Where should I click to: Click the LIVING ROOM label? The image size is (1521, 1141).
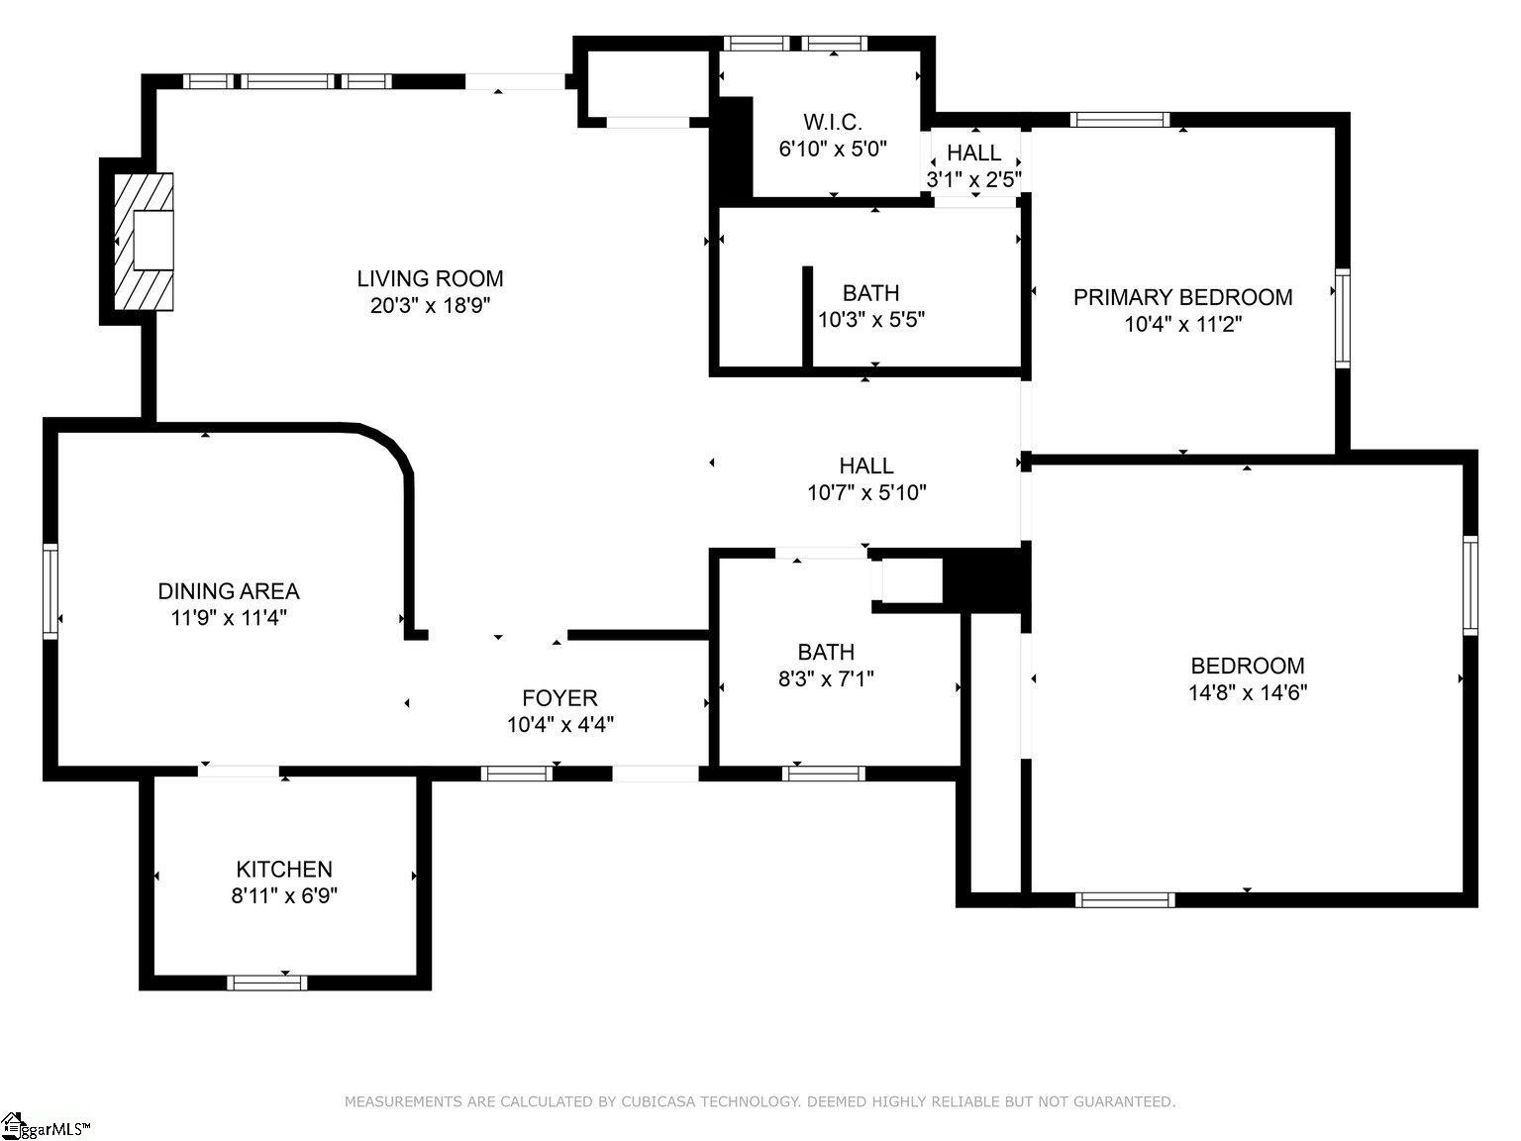tap(430, 278)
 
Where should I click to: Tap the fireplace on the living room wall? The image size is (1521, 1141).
tap(144, 241)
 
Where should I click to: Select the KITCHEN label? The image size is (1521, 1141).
tap(284, 869)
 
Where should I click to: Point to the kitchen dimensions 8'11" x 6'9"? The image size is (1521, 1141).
tap(284, 895)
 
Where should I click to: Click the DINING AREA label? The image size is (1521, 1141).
tap(229, 591)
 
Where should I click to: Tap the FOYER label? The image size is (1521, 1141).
tap(559, 697)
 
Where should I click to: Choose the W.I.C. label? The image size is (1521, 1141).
tap(833, 122)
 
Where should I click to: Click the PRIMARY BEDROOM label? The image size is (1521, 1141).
tap(1183, 297)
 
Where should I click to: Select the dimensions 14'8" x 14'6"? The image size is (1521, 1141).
tap(1248, 692)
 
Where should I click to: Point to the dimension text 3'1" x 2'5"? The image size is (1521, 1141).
tap(973, 179)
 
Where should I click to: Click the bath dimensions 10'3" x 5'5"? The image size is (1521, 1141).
tap(871, 319)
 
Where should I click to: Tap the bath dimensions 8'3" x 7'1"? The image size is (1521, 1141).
tap(826, 678)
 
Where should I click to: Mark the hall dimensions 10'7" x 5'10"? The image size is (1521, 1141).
tap(866, 492)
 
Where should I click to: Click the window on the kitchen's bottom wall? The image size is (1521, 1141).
tap(266, 983)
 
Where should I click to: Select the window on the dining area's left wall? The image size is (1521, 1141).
tap(50, 591)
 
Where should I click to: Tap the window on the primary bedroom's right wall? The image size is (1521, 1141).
tap(1342, 318)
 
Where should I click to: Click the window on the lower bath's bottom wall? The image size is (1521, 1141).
tap(824, 774)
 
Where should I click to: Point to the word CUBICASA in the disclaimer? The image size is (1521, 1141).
tap(653, 1100)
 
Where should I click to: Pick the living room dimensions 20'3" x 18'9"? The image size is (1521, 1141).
tap(430, 305)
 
